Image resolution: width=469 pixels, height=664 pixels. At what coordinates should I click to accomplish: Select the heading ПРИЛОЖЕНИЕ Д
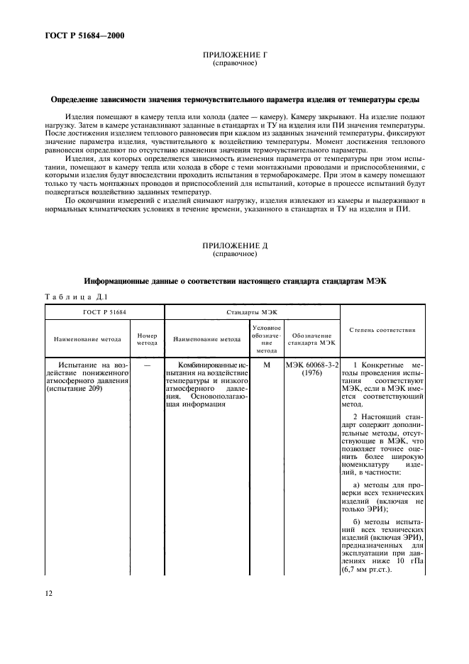click(234, 245)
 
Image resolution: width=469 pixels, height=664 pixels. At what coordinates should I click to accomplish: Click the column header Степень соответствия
click(382, 330)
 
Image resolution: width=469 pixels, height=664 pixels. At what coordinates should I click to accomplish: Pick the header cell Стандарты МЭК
click(252, 311)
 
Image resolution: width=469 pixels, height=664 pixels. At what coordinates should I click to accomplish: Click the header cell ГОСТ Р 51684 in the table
click(105, 311)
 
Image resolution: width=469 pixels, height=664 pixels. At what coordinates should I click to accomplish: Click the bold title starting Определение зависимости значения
click(234, 99)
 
